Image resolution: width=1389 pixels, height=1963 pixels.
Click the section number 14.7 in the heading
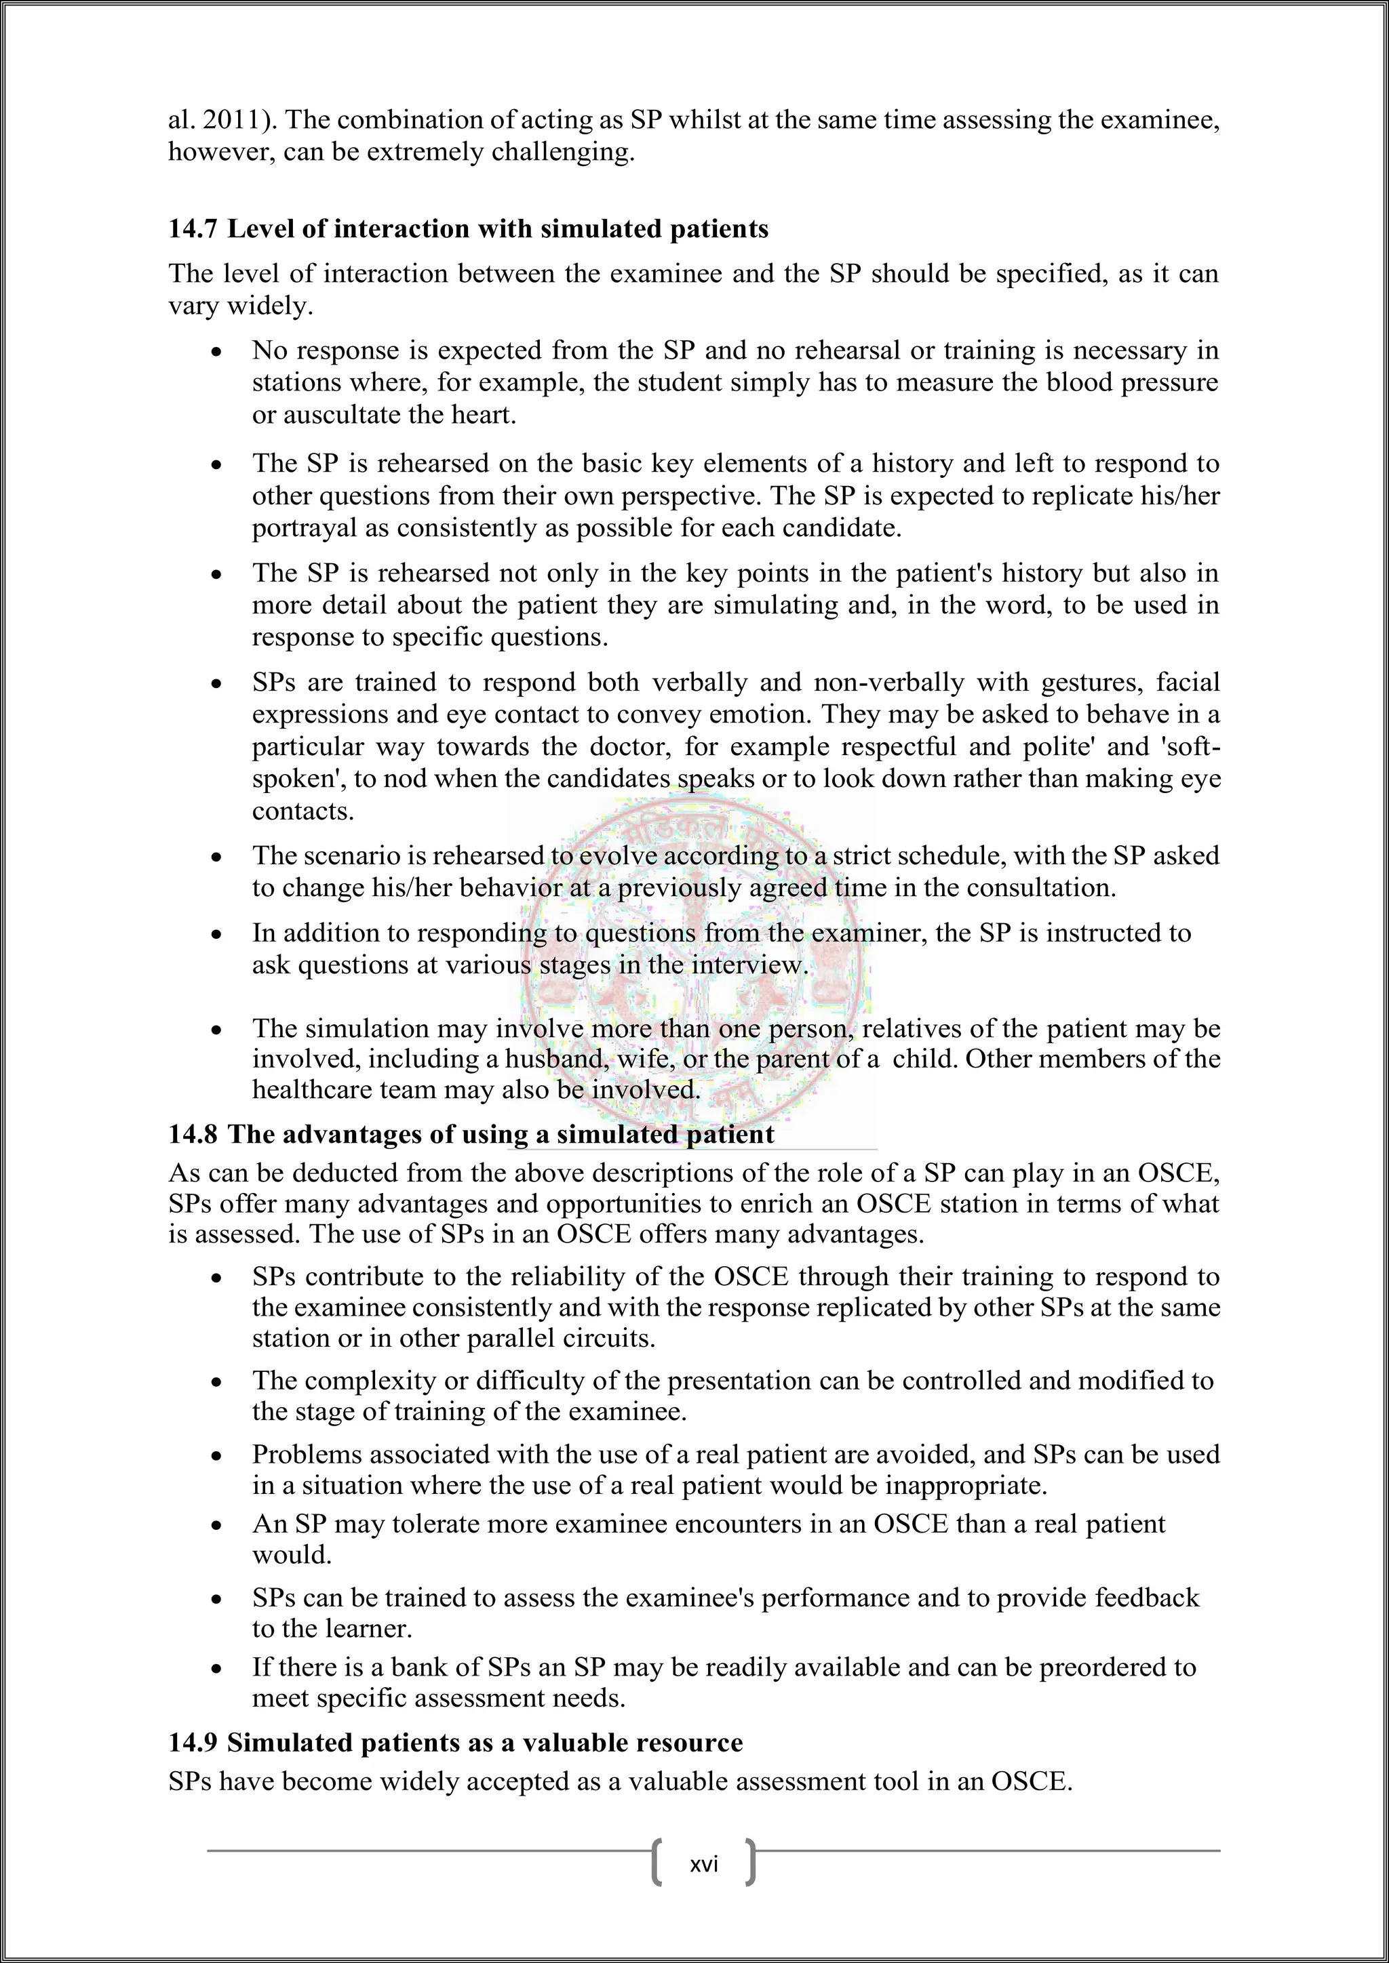(193, 229)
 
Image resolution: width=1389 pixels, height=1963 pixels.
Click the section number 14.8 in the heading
(193, 1135)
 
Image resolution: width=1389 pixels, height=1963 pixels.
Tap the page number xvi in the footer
(703, 1858)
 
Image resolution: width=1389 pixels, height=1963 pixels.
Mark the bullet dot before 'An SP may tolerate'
(218, 1526)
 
